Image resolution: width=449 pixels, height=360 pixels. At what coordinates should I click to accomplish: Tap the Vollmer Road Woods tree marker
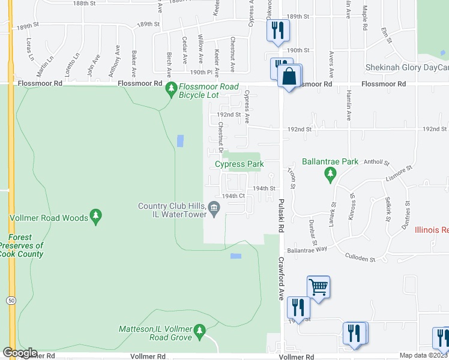pos(95,215)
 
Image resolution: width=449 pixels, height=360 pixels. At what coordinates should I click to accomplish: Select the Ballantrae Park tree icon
pos(330,175)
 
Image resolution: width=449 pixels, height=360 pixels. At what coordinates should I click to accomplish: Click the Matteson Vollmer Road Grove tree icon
pos(200,330)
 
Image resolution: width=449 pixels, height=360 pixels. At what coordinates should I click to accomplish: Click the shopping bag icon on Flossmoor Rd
pos(289,77)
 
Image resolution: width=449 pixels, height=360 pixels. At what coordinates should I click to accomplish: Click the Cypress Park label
pos(240,164)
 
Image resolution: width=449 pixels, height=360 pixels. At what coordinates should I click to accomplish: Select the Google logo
pos(19,353)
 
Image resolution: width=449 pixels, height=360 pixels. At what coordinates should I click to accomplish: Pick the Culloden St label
pos(360,259)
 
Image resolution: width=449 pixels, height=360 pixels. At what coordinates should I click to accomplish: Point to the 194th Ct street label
pos(234,196)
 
